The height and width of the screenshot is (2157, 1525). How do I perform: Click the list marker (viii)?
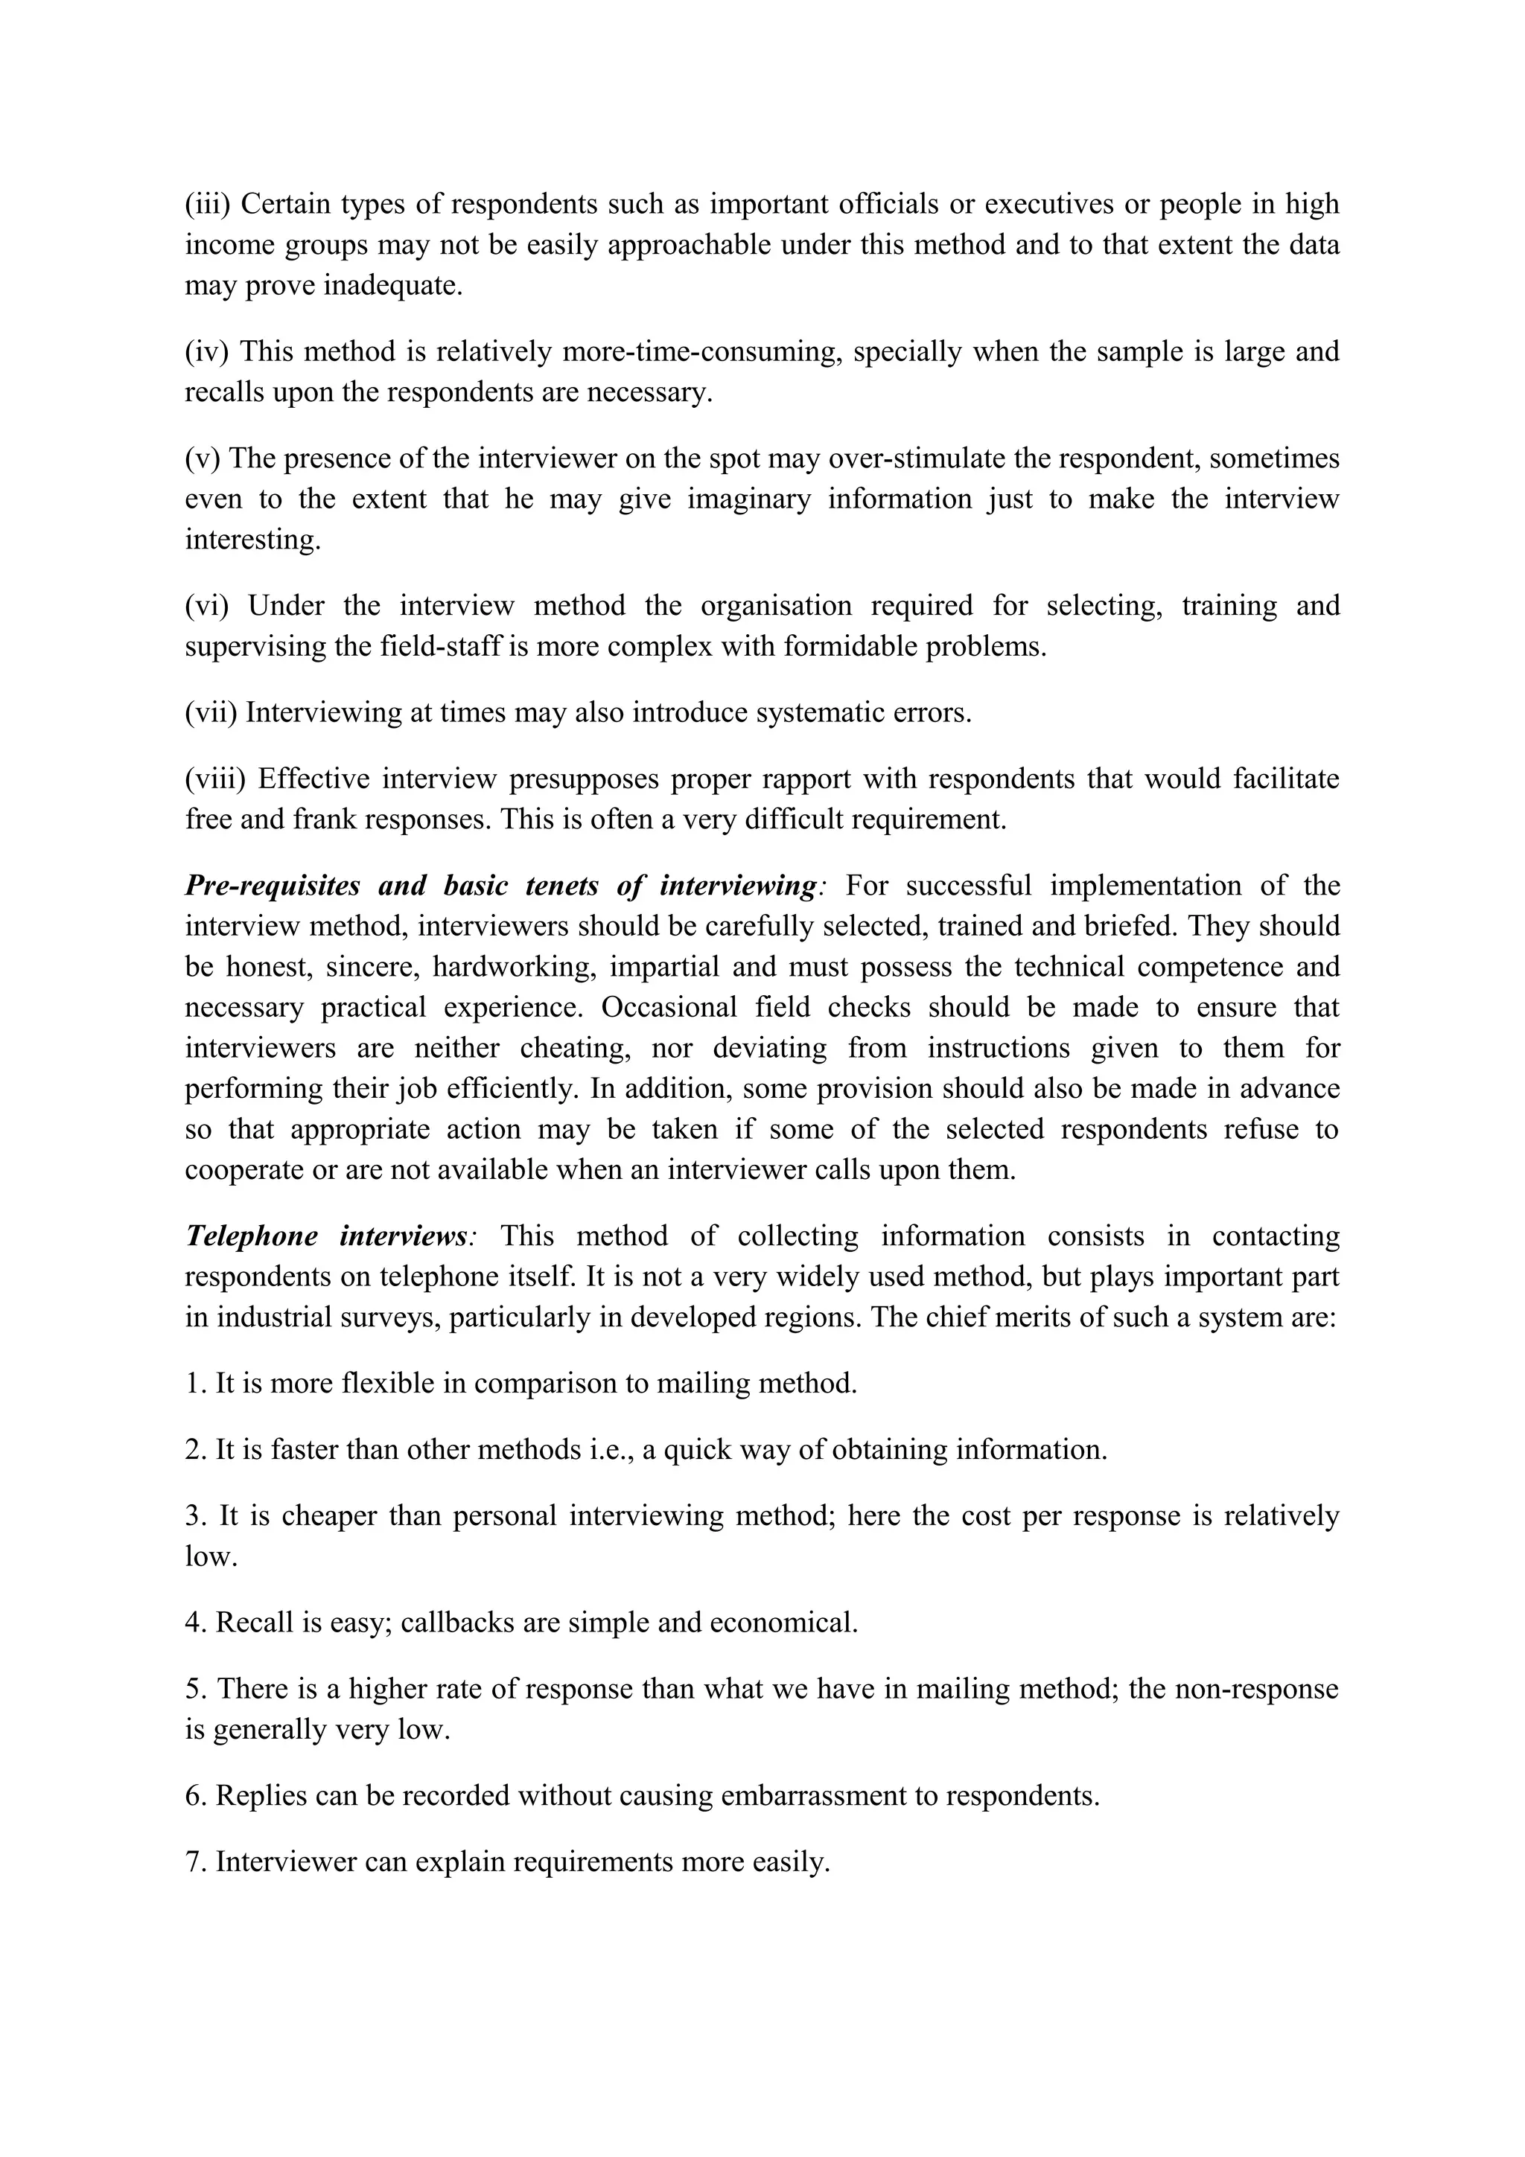coord(214,779)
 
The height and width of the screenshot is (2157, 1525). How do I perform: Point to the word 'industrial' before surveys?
coord(267,1317)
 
